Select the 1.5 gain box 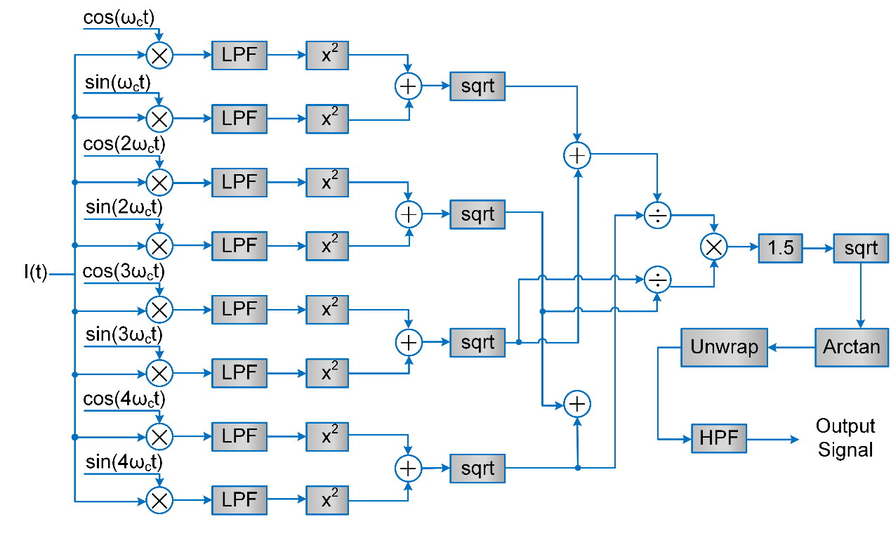780,248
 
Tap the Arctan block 852,347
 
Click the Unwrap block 724,347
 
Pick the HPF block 718,439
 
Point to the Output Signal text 845,438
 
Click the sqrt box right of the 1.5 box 861,248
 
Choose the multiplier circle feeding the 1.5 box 715,247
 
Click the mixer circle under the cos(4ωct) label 159,437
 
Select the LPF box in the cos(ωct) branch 239,55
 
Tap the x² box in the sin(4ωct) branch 327,500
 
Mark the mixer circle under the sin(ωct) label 159,119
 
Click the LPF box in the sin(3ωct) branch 239,372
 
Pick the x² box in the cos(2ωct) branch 327,182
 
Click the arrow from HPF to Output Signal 772,440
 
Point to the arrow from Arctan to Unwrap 791,347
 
